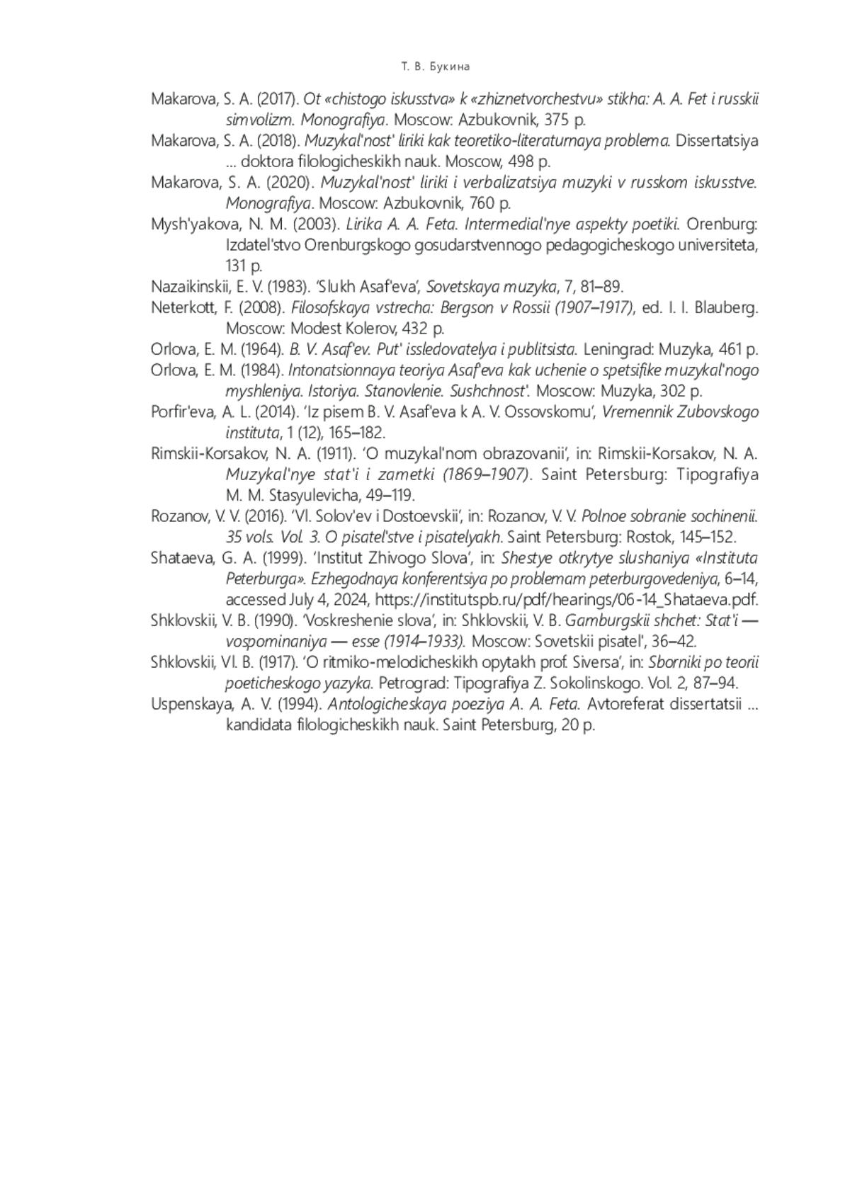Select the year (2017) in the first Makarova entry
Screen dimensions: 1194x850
(281, 99)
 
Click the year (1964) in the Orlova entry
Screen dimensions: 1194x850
(263, 350)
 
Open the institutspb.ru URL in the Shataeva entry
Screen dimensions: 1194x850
(566, 600)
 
